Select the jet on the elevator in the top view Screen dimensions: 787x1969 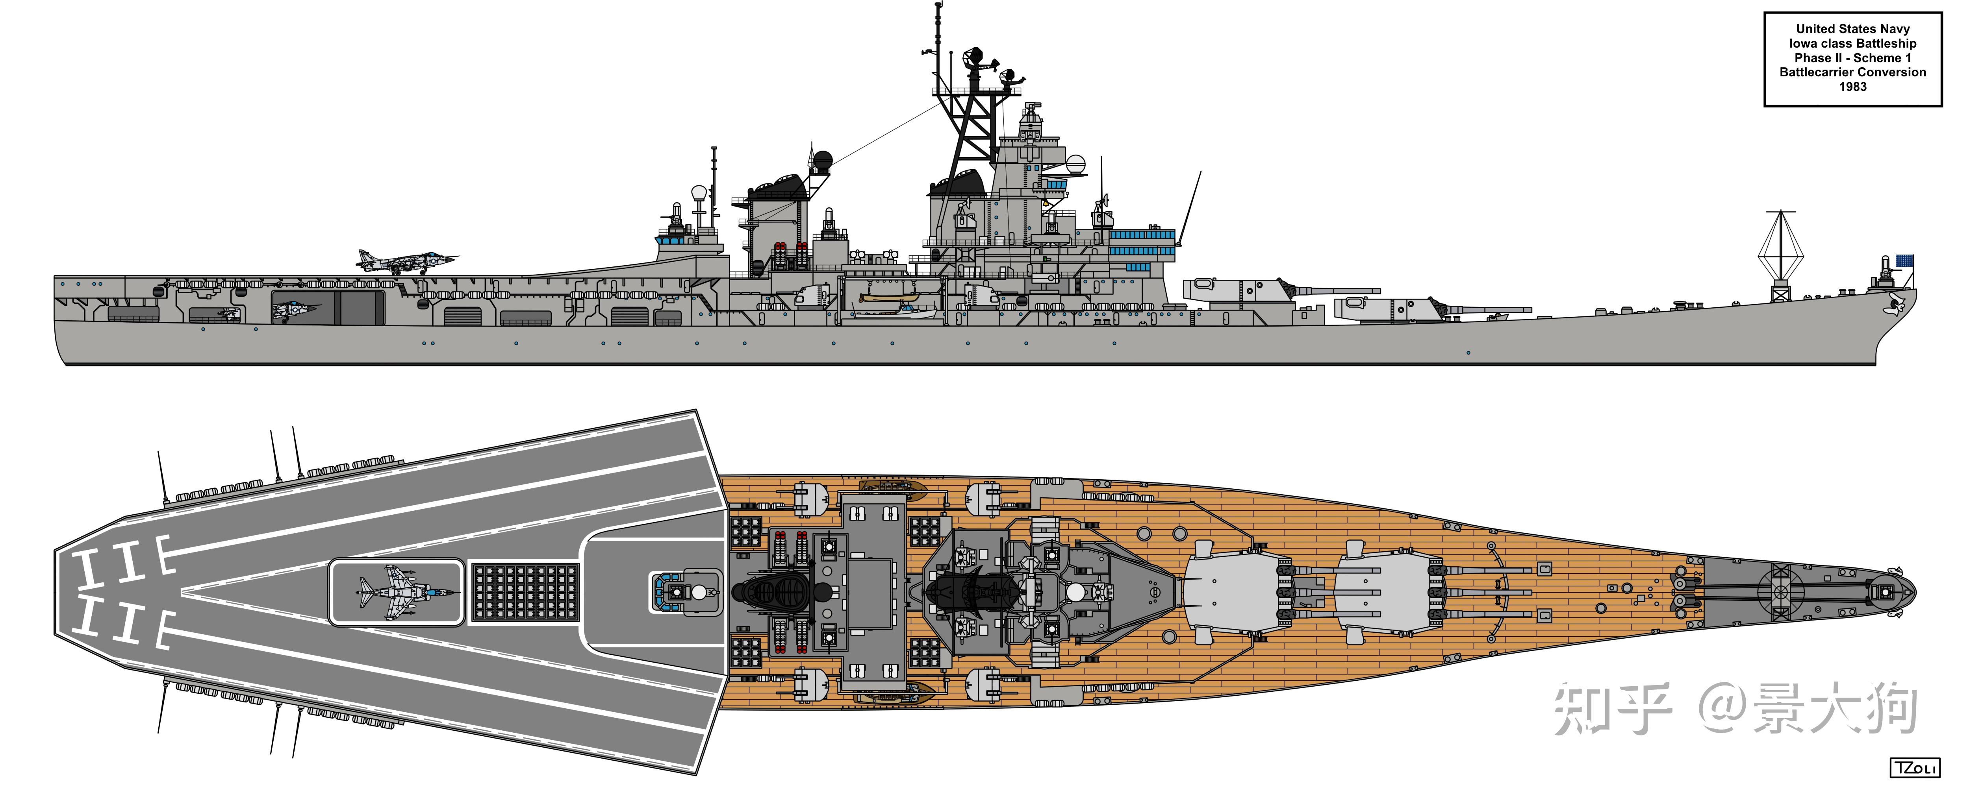click(x=405, y=592)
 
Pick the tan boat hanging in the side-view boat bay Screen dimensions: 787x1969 click(x=887, y=298)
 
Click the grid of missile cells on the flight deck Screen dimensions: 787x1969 click(x=525, y=592)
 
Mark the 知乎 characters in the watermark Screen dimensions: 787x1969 click(x=1613, y=709)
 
